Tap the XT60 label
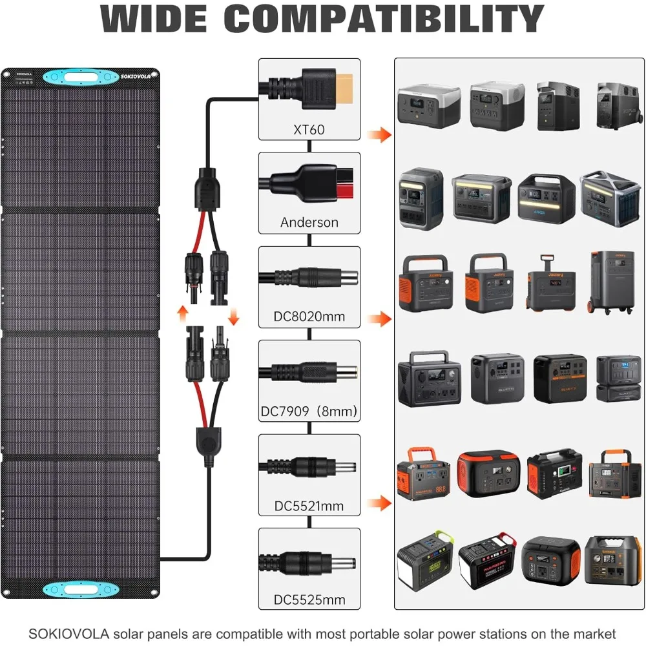tap(309, 129)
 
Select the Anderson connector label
tap(309, 222)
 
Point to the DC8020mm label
tap(309, 317)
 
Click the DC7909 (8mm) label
tap(309, 411)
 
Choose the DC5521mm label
tap(309, 505)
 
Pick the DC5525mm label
tap(309, 599)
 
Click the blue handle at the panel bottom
tap(80, 589)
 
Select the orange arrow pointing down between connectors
tap(233, 316)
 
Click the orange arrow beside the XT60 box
tap(379, 135)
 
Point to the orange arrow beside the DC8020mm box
tap(379, 318)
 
